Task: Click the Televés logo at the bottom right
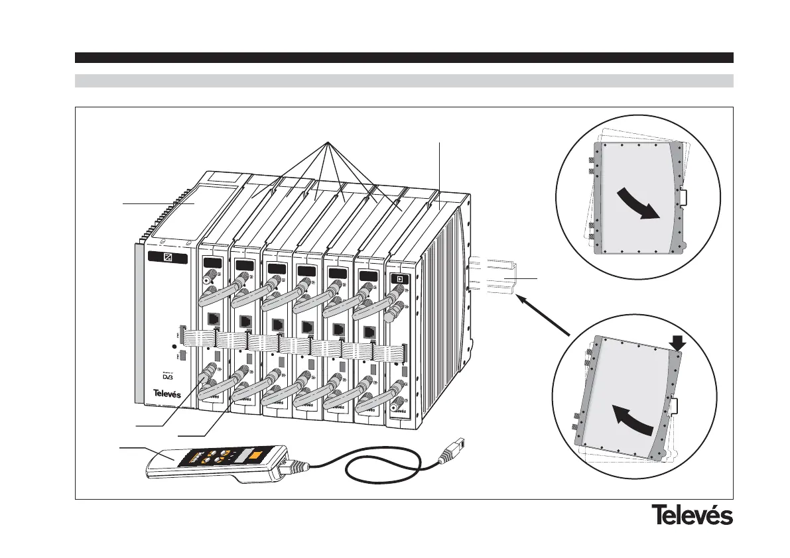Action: coord(692,514)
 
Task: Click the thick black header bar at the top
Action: coord(403,58)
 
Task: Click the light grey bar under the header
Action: coord(403,81)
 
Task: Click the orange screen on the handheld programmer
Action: coord(255,457)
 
